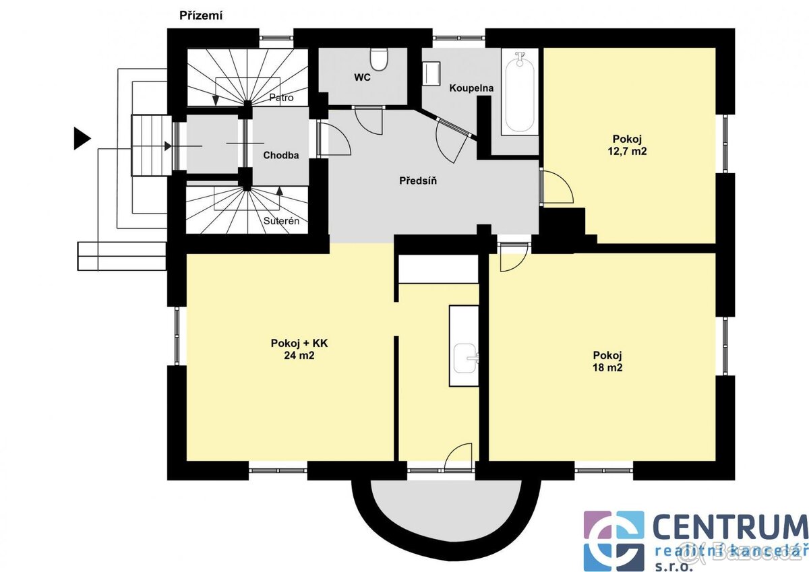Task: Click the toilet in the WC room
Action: point(379,59)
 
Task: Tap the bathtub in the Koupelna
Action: point(520,93)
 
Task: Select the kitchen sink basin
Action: point(466,358)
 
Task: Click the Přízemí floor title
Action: point(201,16)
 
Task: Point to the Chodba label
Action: point(281,155)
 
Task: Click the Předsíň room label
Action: point(418,181)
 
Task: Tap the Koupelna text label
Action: point(471,88)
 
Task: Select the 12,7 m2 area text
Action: point(627,151)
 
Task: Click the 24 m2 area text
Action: point(299,356)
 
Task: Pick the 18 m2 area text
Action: point(607,368)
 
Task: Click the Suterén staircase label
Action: point(281,221)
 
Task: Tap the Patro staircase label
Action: point(281,98)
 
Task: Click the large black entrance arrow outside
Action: point(82,138)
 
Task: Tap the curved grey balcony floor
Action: point(447,505)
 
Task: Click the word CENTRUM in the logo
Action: point(730,528)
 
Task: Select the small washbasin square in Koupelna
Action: point(431,73)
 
